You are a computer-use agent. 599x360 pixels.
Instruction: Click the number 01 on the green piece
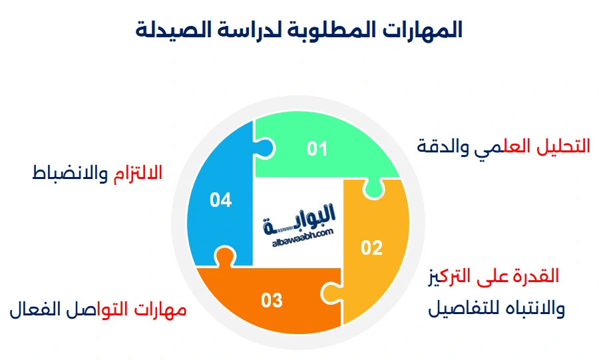coord(317,148)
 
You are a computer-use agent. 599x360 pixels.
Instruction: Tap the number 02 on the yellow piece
coord(372,248)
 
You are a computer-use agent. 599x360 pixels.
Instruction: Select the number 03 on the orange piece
coord(272,300)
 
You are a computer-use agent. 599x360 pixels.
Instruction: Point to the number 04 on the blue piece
coord(220,200)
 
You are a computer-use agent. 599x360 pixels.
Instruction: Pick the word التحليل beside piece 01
coord(563,146)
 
